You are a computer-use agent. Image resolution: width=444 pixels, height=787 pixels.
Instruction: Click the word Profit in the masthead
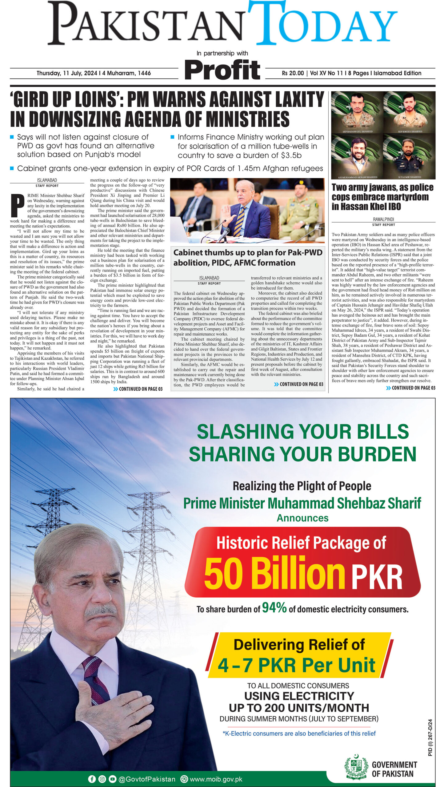coord(222,70)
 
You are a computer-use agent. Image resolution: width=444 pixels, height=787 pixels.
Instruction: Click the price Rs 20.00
coord(293,73)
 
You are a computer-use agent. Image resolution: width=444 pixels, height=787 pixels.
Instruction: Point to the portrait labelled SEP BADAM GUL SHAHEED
coord(357,112)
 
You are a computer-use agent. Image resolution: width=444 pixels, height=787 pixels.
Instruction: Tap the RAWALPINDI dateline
coord(383,219)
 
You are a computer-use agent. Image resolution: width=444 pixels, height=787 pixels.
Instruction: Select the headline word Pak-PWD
coord(305,253)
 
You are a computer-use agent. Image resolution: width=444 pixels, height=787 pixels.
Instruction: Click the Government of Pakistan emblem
coord(356,766)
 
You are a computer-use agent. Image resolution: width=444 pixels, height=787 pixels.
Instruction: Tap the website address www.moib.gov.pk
coord(216,779)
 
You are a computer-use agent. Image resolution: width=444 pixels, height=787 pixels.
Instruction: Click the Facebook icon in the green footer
coord(92,779)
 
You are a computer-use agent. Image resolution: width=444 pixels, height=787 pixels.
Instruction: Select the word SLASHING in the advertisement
coord(245,431)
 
